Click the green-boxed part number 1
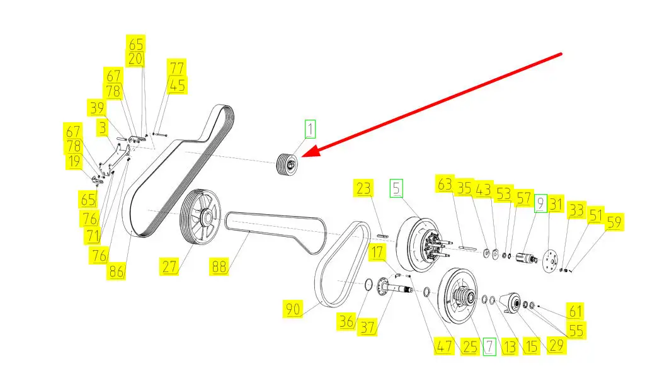(x=310, y=130)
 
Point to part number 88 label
(x=219, y=267)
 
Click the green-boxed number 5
(x=396, y=188)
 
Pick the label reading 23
(x=364, y=188)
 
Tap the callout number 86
(x=117, y=272)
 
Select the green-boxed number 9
(x=540, y=203)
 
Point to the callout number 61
(x=575, y=311)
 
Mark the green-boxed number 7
(x=489, y=346)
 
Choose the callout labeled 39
(x=97, y=108)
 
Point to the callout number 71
(x=93, y=236)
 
